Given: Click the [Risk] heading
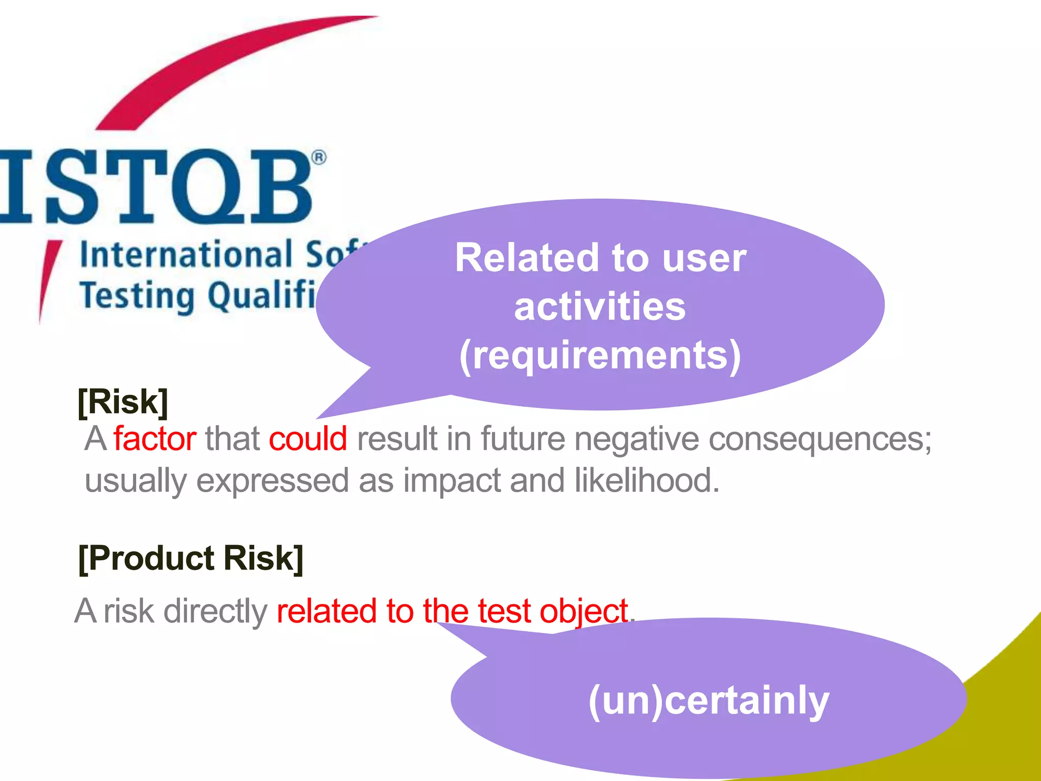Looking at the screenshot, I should (x=123, y=402).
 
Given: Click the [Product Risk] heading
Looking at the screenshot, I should (x=191, y=558).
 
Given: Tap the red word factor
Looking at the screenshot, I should (x=155, y=438).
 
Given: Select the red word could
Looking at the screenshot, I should (x=308, y=438).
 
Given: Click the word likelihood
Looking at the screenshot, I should (x=647, y=480).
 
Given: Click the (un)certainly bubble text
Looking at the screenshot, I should (x=709, y=701).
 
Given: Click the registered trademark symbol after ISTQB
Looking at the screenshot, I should (x=319, y=158).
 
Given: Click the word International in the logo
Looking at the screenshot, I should (x=186, y=254).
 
